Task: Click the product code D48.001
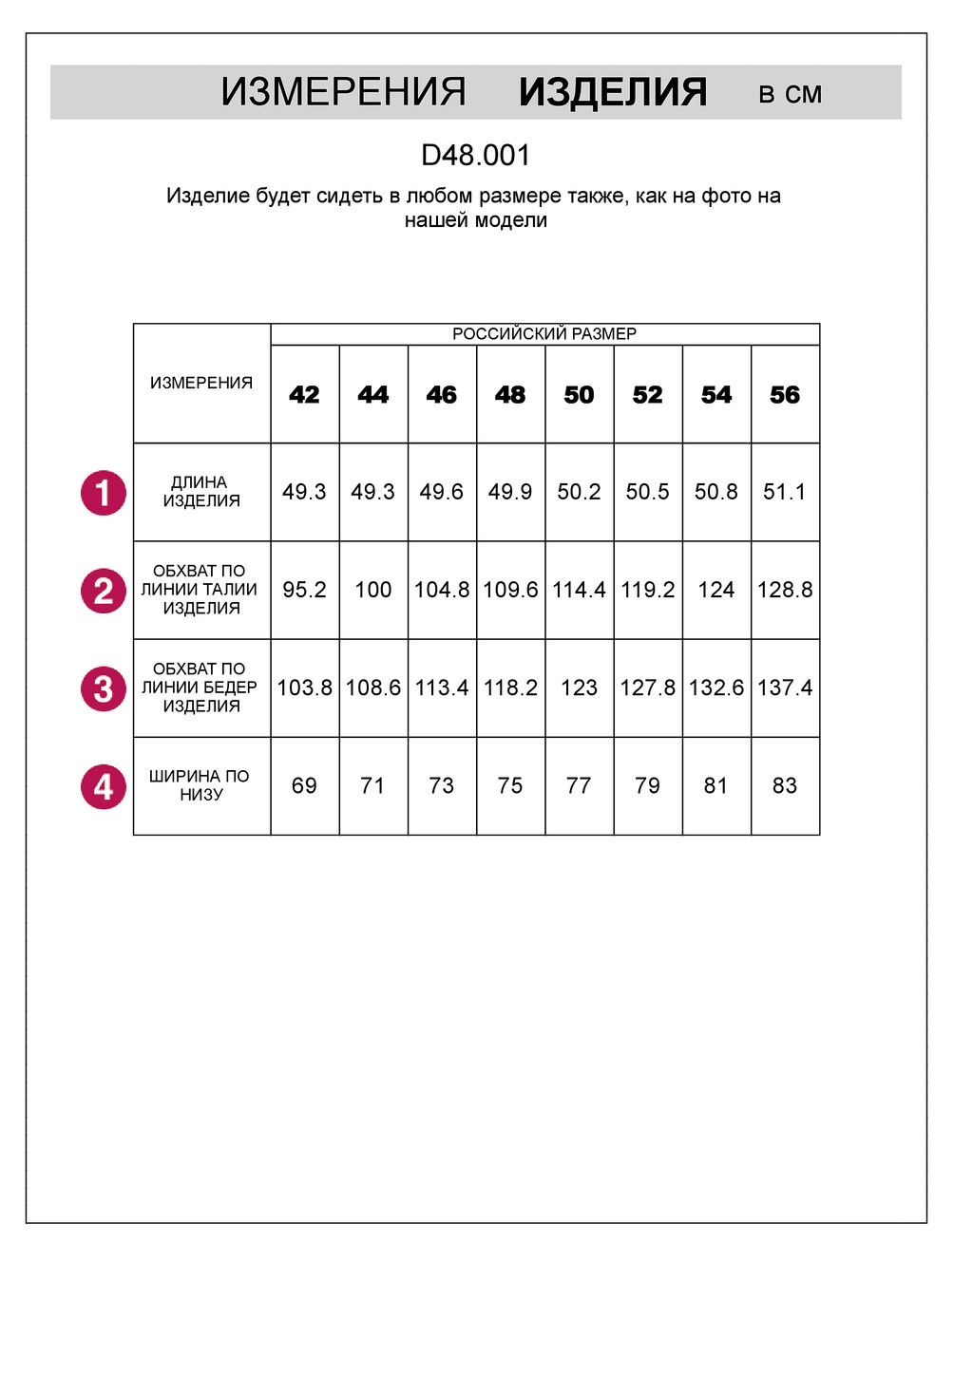click(x=475, y=155)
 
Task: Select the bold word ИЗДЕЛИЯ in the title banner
click(x=613, y=92)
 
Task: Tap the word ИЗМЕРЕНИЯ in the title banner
click(x=343, y=92)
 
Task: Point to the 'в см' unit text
click(x=790, y=94)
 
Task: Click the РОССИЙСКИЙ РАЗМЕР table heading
click(x=544, y=334)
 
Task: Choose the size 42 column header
click(x=304, y=395)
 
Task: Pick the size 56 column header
click(x=785, y=395)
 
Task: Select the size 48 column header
click(x=510, y=395)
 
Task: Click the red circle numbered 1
click(x=104, y=493)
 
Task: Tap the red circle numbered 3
click(x=104, y=688)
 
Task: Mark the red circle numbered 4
click(x=104, y=786)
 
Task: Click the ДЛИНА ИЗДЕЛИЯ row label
click(x=200, y=492)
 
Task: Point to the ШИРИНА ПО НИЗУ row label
click(x=200, y=785)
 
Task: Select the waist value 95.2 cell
click(x=304, y=590)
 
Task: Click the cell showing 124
click(x=716, y=590)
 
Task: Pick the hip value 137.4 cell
click(x=785, y=687)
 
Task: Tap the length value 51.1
click(x=785, y=492)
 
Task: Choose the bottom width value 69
click(x=304, y=785)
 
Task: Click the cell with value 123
click(x=579, y=687)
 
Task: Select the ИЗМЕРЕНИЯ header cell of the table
click(x=201, y=383)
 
